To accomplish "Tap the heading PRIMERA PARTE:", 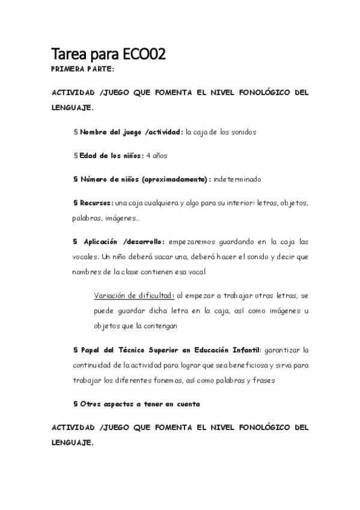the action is pyautogui.click(x=79, y=69).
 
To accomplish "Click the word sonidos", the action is pyautogui.click(x=243, y=132).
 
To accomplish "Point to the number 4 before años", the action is pyautogui.click(x=148, y=155).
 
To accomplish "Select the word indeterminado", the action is pyautogui.click(x=237, y=179).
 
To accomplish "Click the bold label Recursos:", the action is pyautogui.click(x=96, y=203).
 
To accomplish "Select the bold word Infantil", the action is pyautogui.click(x=245, y=350).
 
